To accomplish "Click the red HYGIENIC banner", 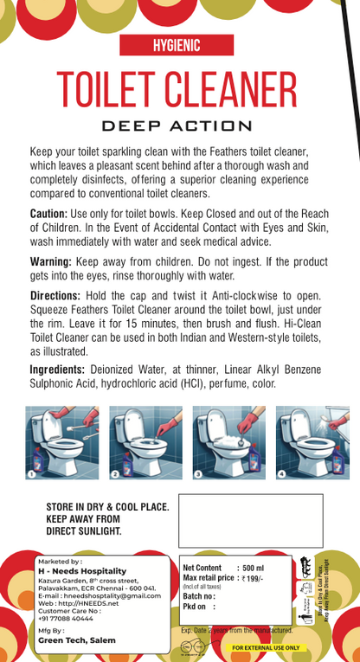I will point(176,46).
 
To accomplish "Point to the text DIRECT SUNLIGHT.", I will point(84,531).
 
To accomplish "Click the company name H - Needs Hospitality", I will point(81,571).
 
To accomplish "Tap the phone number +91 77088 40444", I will point(66,619).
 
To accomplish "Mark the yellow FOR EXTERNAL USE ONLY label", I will point(266,647).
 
